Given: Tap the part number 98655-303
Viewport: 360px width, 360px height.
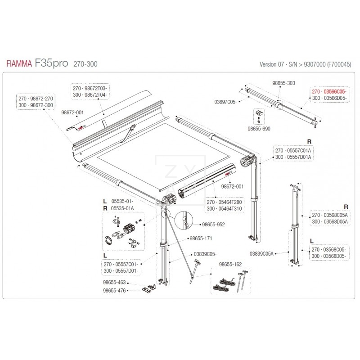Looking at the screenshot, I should click(284, 83).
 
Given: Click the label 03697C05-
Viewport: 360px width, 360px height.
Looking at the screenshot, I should click(225, 102).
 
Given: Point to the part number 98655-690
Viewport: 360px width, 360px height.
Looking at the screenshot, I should click(259, 129).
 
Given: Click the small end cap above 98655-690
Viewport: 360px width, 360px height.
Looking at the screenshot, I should click(259, 114).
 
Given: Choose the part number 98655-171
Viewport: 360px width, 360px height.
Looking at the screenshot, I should click(201, 238).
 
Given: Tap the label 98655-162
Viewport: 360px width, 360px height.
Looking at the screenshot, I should click(230, 265).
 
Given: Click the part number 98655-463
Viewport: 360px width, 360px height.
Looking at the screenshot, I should click(115, 283).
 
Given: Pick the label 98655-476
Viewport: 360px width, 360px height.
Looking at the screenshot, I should click(115, 291).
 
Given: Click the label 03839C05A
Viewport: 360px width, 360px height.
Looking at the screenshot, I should click(262, 253).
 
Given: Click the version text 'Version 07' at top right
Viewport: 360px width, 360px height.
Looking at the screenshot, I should click(271, 64).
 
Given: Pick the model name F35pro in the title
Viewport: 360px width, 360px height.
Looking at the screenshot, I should click(51, 63).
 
